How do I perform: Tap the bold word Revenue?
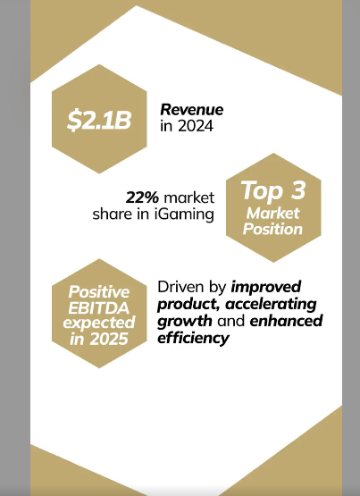(x=192, y=110)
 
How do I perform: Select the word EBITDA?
(x=101, y=307)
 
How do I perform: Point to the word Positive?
(x=101, y=291)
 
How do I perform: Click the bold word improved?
(x=267, y=288)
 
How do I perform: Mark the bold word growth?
(x=185, y=322)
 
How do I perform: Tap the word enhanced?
(x=286, y=322)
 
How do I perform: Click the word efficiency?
(x=194, y=338)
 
